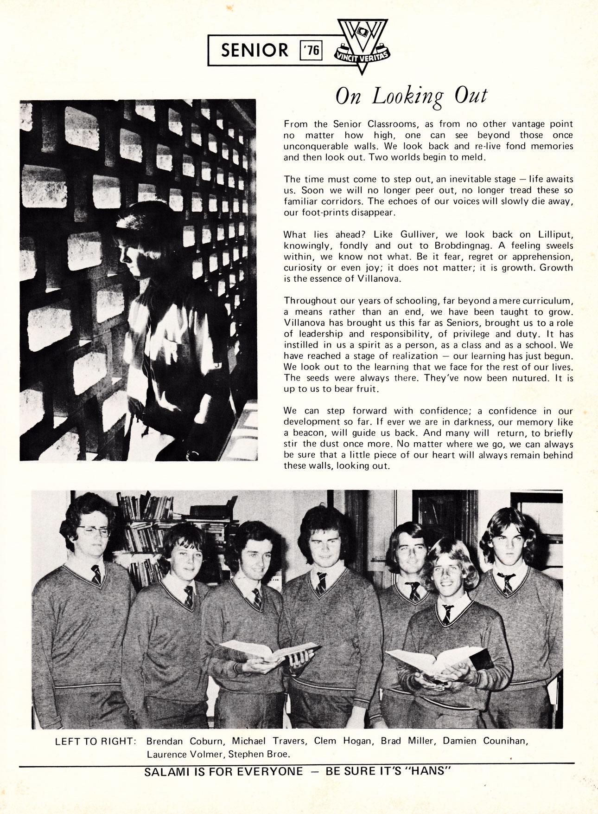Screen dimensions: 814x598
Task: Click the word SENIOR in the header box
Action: click(x=254, y=50)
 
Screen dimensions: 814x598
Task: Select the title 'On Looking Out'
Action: click(x=411, y=96)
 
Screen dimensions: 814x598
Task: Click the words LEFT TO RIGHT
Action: click(x=95, y=742)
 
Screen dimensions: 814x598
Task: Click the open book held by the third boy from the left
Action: click(x=269, y=650)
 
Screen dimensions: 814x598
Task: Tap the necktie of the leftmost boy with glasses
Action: click(x=96, y=575)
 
